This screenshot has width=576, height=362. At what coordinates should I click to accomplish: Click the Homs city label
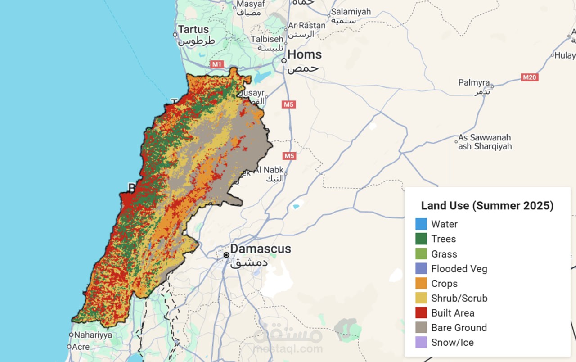pos(304,55)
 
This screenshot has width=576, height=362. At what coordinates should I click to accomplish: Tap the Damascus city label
pos(260,249)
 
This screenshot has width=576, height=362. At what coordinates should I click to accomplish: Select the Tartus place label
pos(193,30)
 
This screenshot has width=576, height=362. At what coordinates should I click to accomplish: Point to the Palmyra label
pos(474,83)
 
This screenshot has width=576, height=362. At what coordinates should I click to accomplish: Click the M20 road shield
pos(530,77)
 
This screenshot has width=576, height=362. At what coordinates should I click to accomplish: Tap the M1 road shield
pos(217,64)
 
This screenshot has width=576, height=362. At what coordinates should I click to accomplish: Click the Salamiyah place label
pos(351,12)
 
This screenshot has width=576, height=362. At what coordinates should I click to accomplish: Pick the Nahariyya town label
pos(93,335)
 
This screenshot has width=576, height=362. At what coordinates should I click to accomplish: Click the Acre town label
pos(81,347)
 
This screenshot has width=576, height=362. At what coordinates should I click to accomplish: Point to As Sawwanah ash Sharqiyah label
pos(485,142)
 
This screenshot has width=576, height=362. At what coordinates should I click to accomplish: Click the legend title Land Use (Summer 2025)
pos(487,206)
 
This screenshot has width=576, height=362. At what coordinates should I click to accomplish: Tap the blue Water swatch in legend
pos(421,224)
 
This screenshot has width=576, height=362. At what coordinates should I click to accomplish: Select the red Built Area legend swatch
pos(421,313)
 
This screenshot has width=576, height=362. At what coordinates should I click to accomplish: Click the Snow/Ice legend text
pos(452,342)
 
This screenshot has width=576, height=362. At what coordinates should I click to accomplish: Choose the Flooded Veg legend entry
pos(459,269)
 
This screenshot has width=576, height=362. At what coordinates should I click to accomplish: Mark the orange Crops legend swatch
pos(421,283)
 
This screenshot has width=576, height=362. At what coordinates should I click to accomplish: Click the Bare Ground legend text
pos(459,327)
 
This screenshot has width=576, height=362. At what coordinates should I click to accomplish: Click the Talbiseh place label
pos(267,39)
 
